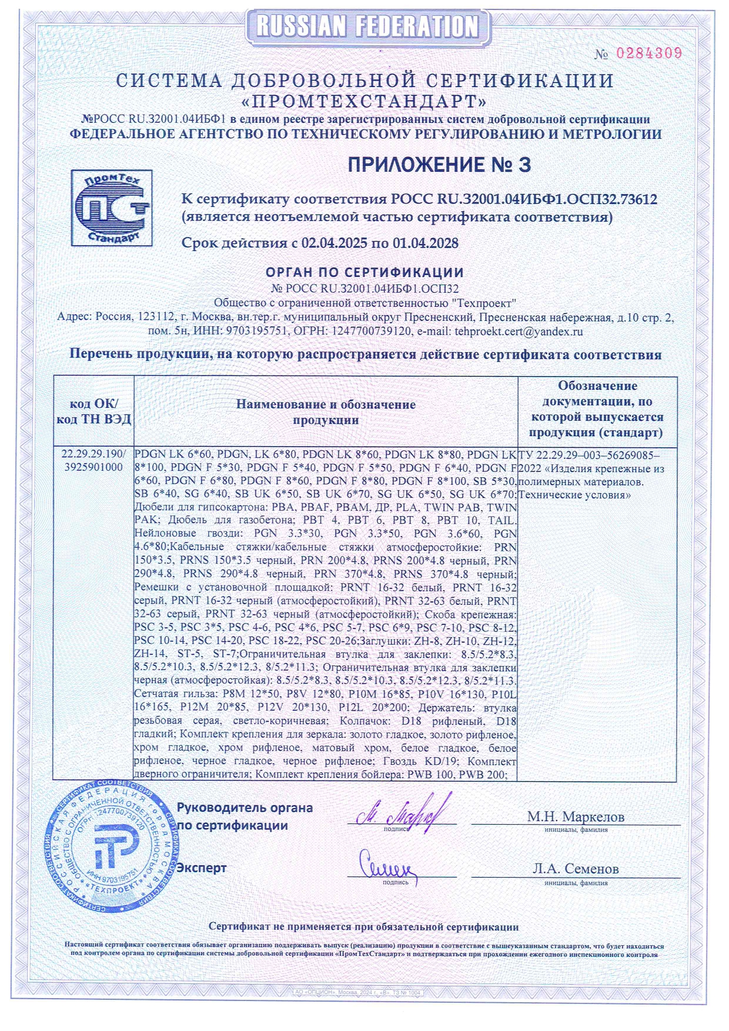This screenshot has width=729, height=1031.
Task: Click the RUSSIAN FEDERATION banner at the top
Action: coord(367,26)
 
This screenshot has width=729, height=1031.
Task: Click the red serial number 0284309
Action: coord(648,53)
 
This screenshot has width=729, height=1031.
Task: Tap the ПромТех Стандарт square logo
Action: coord(112,207)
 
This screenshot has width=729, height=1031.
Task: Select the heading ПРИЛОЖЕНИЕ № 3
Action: coord(439,165)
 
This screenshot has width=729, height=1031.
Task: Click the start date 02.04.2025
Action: coord(334,243)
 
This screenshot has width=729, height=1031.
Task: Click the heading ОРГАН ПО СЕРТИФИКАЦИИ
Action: coord(364,273)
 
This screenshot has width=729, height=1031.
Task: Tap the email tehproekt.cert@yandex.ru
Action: coord(519,332)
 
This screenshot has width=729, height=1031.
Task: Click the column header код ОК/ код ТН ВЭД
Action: coord(94,411)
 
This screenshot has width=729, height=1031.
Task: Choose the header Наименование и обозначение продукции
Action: coord(326,411)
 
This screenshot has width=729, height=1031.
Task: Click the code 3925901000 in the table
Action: coord(94,467)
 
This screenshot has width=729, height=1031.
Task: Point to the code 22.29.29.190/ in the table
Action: coord(94,454)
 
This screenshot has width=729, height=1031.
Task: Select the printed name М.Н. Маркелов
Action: coord(576,816)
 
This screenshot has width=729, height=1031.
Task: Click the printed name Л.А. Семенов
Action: coord(576,869)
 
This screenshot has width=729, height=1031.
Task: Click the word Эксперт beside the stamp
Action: coord(202,868)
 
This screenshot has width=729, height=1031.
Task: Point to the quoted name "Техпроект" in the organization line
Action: coord(483,303)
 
